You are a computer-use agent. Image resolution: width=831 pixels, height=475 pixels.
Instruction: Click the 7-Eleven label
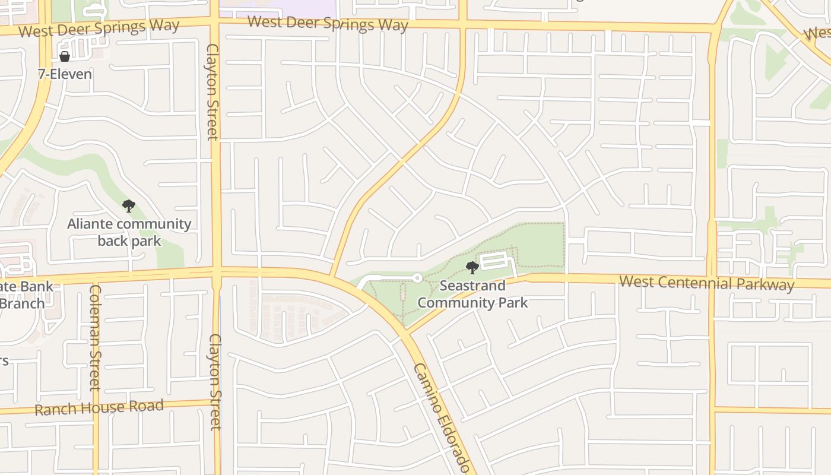point(65,74)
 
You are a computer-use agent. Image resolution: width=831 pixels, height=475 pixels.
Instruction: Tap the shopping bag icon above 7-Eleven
point(65,56)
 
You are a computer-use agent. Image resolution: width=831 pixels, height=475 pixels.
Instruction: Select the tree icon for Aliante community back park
point(128,206)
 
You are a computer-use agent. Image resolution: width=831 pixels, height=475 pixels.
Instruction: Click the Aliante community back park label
point(129,232)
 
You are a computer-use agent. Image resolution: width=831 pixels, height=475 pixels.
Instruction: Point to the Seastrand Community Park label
point(472,294)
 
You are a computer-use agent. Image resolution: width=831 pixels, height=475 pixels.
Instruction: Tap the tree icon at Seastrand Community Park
point(472,267)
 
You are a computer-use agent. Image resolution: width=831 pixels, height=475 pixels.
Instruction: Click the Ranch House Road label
point(99,408)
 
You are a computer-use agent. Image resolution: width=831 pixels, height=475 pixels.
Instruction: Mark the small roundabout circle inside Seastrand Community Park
point(417,277)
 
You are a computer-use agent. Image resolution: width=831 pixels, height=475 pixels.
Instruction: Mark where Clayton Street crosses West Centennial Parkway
point(216,273)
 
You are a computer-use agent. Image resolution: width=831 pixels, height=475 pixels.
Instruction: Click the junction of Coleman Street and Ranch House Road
point(96,408)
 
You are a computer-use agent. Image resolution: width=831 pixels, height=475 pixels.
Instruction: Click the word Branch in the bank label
point(21,303)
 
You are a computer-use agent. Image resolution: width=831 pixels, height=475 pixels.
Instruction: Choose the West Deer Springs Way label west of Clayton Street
point(99,28)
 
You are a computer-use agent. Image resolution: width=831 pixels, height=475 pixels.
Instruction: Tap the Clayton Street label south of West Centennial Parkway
point(215,381)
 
